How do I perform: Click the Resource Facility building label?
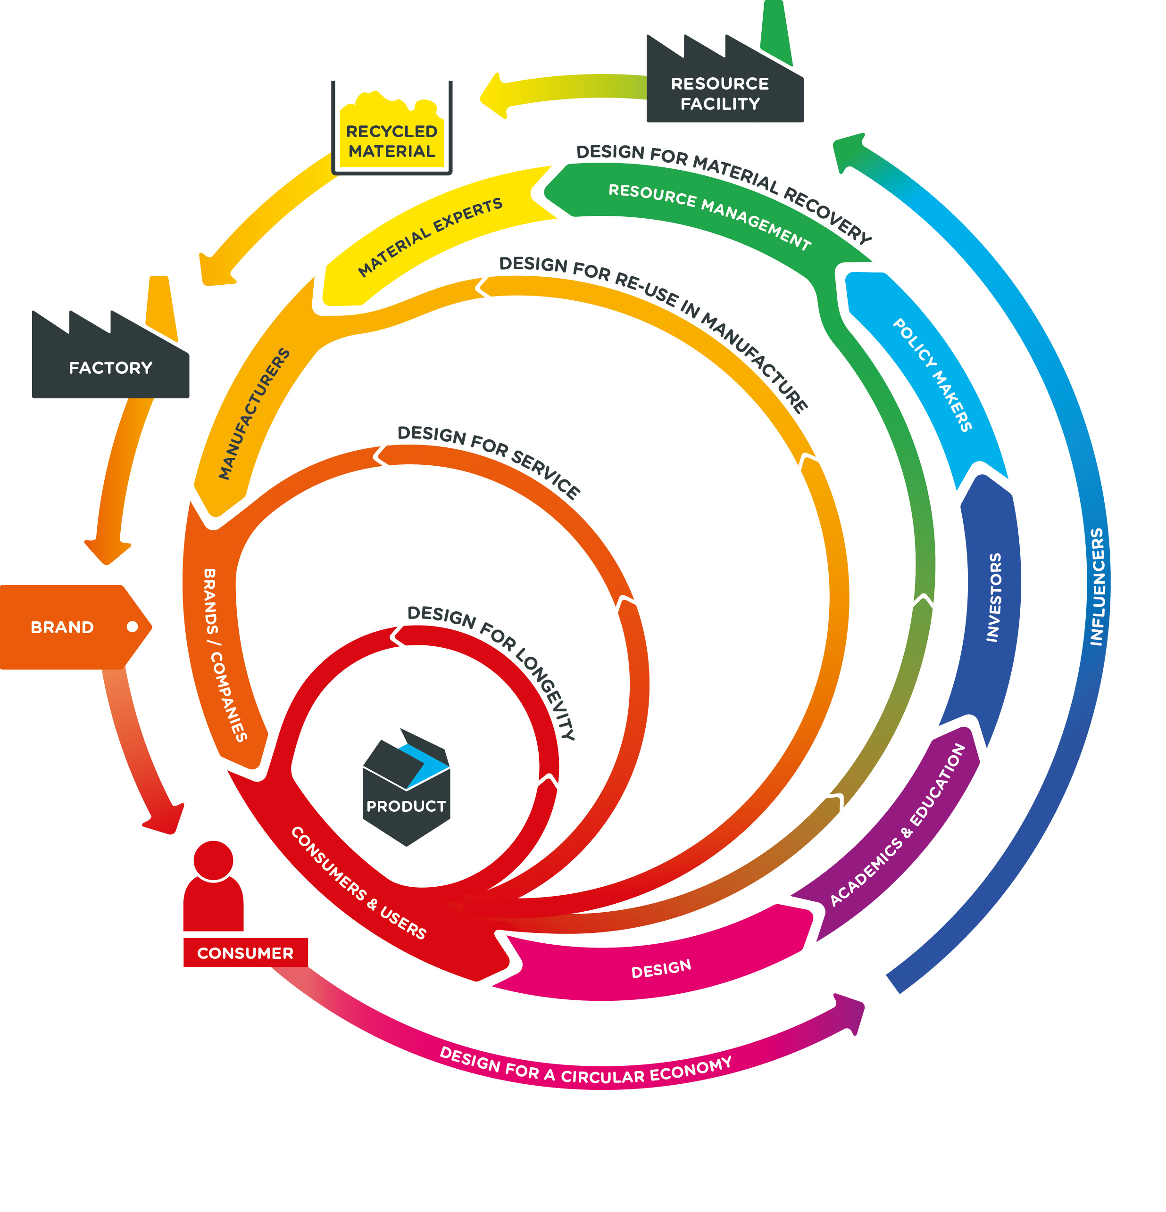pos(719,93)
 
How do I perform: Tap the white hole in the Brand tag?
pos(132,627)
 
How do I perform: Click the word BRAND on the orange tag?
pos(62,627)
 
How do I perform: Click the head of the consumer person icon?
pos(213,859)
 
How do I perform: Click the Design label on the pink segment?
pos(661,968)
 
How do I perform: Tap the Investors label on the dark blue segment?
pos(993,597)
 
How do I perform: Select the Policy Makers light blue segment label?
pos(932,374)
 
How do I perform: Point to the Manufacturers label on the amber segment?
pos(254,413)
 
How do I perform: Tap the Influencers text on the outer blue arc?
pos(1097,586)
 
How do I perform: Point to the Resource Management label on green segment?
pos(709,216)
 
